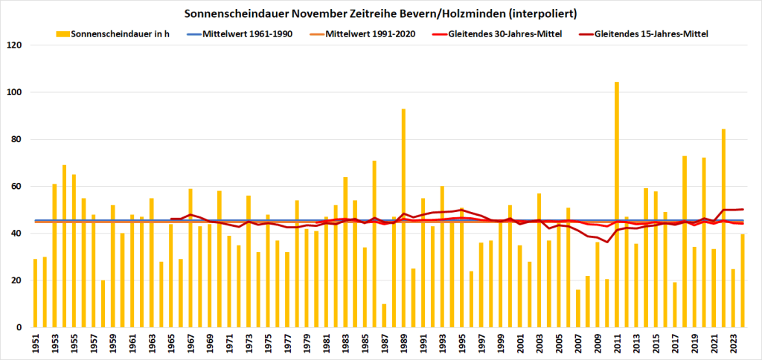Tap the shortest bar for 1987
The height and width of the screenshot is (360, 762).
pos(384,315)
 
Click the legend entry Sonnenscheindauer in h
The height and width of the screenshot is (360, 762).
pos(119,34)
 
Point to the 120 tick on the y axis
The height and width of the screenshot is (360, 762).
pos(15,45)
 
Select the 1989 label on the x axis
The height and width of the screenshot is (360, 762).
pos(403,344)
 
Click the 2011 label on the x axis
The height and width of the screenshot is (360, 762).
pos(616,344)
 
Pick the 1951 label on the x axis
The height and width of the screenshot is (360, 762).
pos(35,344)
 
